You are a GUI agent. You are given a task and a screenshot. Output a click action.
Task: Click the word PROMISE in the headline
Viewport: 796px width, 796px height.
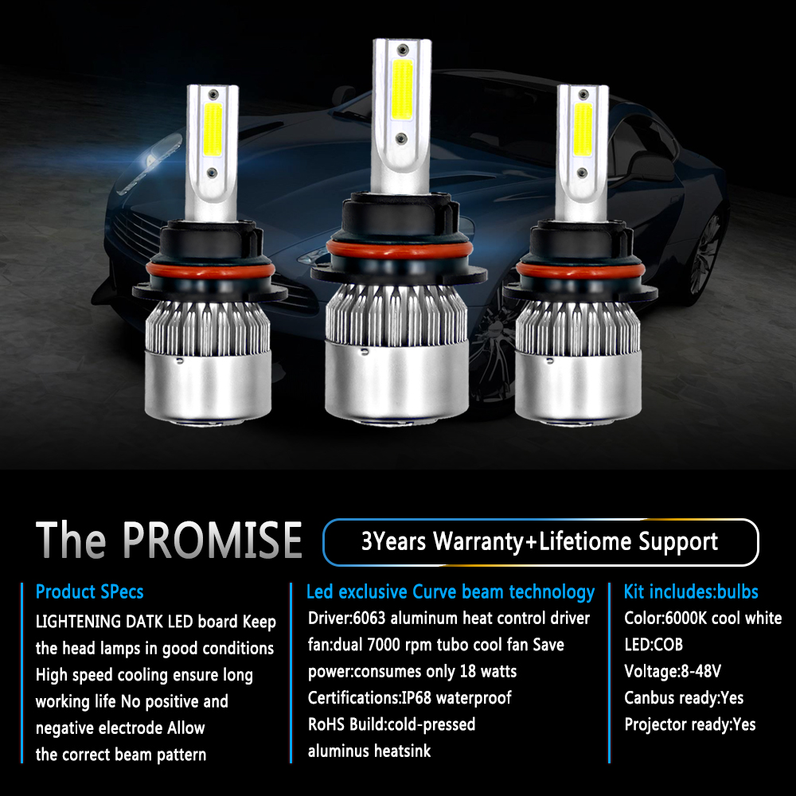coord(213,540)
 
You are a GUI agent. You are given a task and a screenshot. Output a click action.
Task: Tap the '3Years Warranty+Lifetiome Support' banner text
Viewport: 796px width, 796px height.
coord(540,541)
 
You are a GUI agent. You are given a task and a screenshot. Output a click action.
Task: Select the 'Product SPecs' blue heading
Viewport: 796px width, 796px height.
coord(89,592)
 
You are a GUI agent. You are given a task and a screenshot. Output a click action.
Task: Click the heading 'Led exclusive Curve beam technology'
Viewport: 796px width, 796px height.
coord(451,592)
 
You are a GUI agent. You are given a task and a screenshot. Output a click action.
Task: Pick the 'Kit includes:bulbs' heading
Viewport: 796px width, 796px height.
coord(691,592)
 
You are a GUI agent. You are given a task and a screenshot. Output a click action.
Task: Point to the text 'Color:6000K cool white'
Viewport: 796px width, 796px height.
coord(703,618)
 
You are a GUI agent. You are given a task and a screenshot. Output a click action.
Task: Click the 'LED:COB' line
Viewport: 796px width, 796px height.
coord(654,645)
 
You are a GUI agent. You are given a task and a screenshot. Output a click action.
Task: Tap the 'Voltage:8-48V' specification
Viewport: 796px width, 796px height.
coord(673,671)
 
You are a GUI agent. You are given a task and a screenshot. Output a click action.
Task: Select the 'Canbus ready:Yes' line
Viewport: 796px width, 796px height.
coord(684,698)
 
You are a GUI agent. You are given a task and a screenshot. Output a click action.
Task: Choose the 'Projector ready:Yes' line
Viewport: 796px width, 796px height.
coord(690,724)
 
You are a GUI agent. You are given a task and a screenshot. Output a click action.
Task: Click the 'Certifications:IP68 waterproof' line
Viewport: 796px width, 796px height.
coord(410,698)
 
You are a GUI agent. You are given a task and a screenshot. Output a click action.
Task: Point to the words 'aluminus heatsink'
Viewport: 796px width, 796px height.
coord(369,751)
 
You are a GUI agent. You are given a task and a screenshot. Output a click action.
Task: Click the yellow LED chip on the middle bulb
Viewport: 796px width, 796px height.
coord(402,89)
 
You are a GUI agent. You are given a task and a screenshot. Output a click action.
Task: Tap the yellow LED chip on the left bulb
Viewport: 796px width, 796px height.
coord(213,130)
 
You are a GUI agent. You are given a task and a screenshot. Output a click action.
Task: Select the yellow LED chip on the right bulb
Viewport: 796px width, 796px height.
coord(583,130)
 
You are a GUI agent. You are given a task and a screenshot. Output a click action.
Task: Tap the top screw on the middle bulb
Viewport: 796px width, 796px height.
coord(403,49)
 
